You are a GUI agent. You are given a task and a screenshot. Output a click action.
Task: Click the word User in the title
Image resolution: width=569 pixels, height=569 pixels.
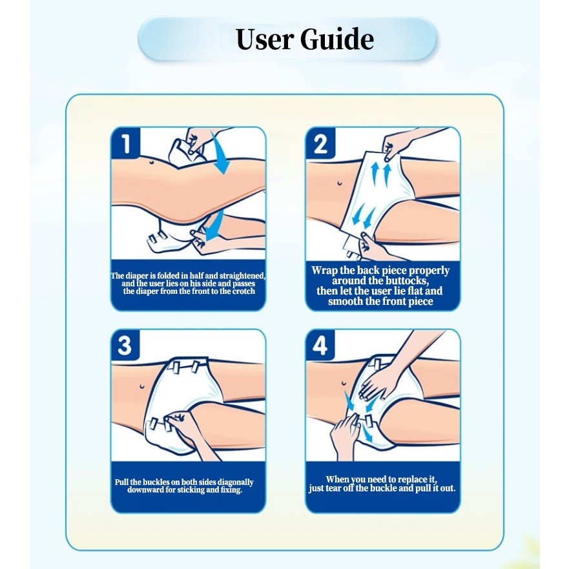coord(265,39)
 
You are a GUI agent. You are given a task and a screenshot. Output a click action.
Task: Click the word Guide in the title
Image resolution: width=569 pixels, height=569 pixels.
coord(337,39)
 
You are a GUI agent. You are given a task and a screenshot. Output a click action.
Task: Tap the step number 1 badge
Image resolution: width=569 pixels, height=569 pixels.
coord(125,143)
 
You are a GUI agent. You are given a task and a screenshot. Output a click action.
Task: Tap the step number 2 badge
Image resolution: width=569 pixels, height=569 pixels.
coord(320,143)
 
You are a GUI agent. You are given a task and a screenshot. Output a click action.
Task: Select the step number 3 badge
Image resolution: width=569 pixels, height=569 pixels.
coord(125,346)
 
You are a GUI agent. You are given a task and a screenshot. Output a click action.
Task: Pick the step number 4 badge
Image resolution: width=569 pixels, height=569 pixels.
coord(320,346)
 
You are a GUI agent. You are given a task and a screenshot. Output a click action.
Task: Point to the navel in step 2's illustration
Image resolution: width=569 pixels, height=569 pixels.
coord(339,183)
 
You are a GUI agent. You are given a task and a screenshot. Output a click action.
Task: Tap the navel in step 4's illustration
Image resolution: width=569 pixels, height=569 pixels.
coord(343,382)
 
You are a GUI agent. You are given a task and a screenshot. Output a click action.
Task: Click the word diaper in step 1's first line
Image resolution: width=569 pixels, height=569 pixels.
coord(137,276)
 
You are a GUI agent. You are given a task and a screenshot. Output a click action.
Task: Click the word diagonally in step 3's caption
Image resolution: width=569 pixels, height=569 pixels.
coord(234,482)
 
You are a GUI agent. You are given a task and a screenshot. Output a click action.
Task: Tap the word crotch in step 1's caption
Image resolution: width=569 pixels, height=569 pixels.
coord(243,291)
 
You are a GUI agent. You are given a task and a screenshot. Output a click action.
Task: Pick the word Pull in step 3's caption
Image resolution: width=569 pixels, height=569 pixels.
coord(121,482)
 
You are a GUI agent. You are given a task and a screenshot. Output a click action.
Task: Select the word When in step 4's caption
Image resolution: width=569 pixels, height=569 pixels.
coord(337,479)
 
